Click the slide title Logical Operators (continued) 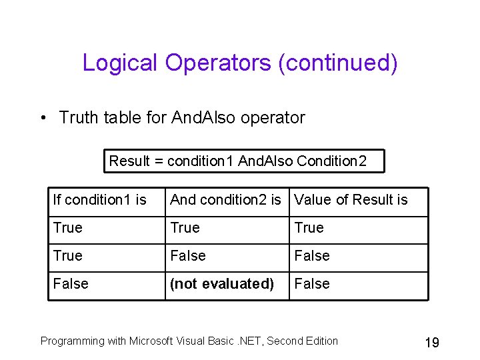tap(240, 63)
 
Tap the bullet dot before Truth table tap(42, 119)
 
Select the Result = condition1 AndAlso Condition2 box tap(238, 161)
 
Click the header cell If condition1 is tap(99, 200)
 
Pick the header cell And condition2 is tap(225, 200)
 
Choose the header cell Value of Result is tap(351, 200)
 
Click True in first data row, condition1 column tap(68, 228)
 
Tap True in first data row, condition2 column tap(185, 228)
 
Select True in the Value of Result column tap(309, 228)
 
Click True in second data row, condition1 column tap(68, 256)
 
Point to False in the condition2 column tap(188, 256)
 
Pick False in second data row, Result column tap(312, 256)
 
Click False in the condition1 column tap(71, 284)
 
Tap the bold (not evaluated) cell tap(222, 284)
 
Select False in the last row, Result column tap(312, 284)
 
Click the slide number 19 tap(431, 343)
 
